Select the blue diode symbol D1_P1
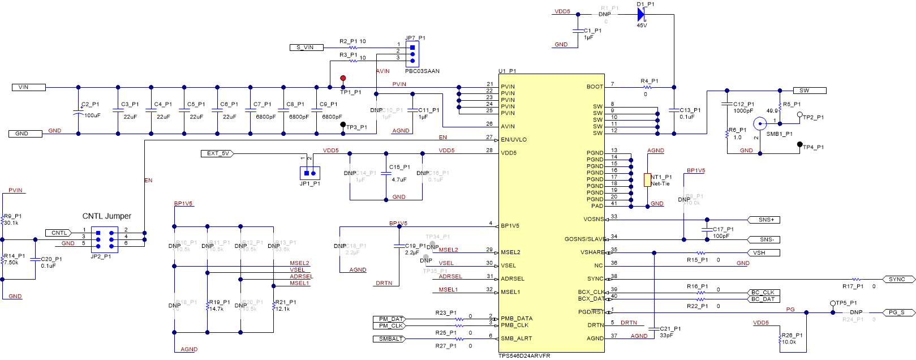click(x=641, y=15)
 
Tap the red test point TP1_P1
click(x=343, y=78)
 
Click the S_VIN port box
click(x=306, y=48)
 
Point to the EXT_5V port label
click(x=217, y=153)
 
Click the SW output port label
click(x=809, y=91)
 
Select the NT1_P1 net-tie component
click(x=647, y=180)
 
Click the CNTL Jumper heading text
click(x=106, y=216)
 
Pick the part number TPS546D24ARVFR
click(x=524, y=355)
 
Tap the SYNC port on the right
click(x=898, y=279)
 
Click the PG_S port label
click(x=898, y=312)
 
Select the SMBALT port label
click(x=390, y=339)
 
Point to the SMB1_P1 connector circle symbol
click(x=759, y=123)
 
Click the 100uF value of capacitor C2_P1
click(x=92, y=115)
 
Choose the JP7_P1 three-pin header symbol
click(x=412, y=54)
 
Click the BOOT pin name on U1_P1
click(x=595, y=87)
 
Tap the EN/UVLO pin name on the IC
click(x=514, y=140)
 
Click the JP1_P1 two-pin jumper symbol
click(x=309, y=173)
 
